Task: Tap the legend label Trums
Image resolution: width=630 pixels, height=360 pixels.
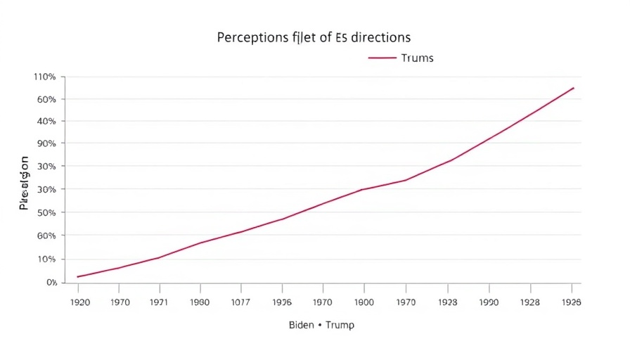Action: point(417,58)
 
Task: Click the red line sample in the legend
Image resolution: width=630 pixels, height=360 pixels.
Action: point(382,58)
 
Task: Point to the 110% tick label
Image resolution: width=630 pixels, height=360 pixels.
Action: point(44,76)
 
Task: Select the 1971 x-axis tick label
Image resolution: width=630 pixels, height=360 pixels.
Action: point(160,302)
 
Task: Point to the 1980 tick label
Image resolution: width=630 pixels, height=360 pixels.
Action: point(200,302)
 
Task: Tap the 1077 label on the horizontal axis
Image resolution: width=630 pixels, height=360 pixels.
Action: point(241,302)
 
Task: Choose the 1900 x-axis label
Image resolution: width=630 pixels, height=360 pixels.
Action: point(364,302)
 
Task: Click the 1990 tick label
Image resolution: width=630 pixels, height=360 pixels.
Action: point(489,302)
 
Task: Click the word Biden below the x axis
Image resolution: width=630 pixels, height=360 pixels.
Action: point(301,326)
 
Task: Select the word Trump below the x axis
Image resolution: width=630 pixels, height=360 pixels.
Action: point(340,326)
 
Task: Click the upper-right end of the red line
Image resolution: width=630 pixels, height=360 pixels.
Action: point(574,88)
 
